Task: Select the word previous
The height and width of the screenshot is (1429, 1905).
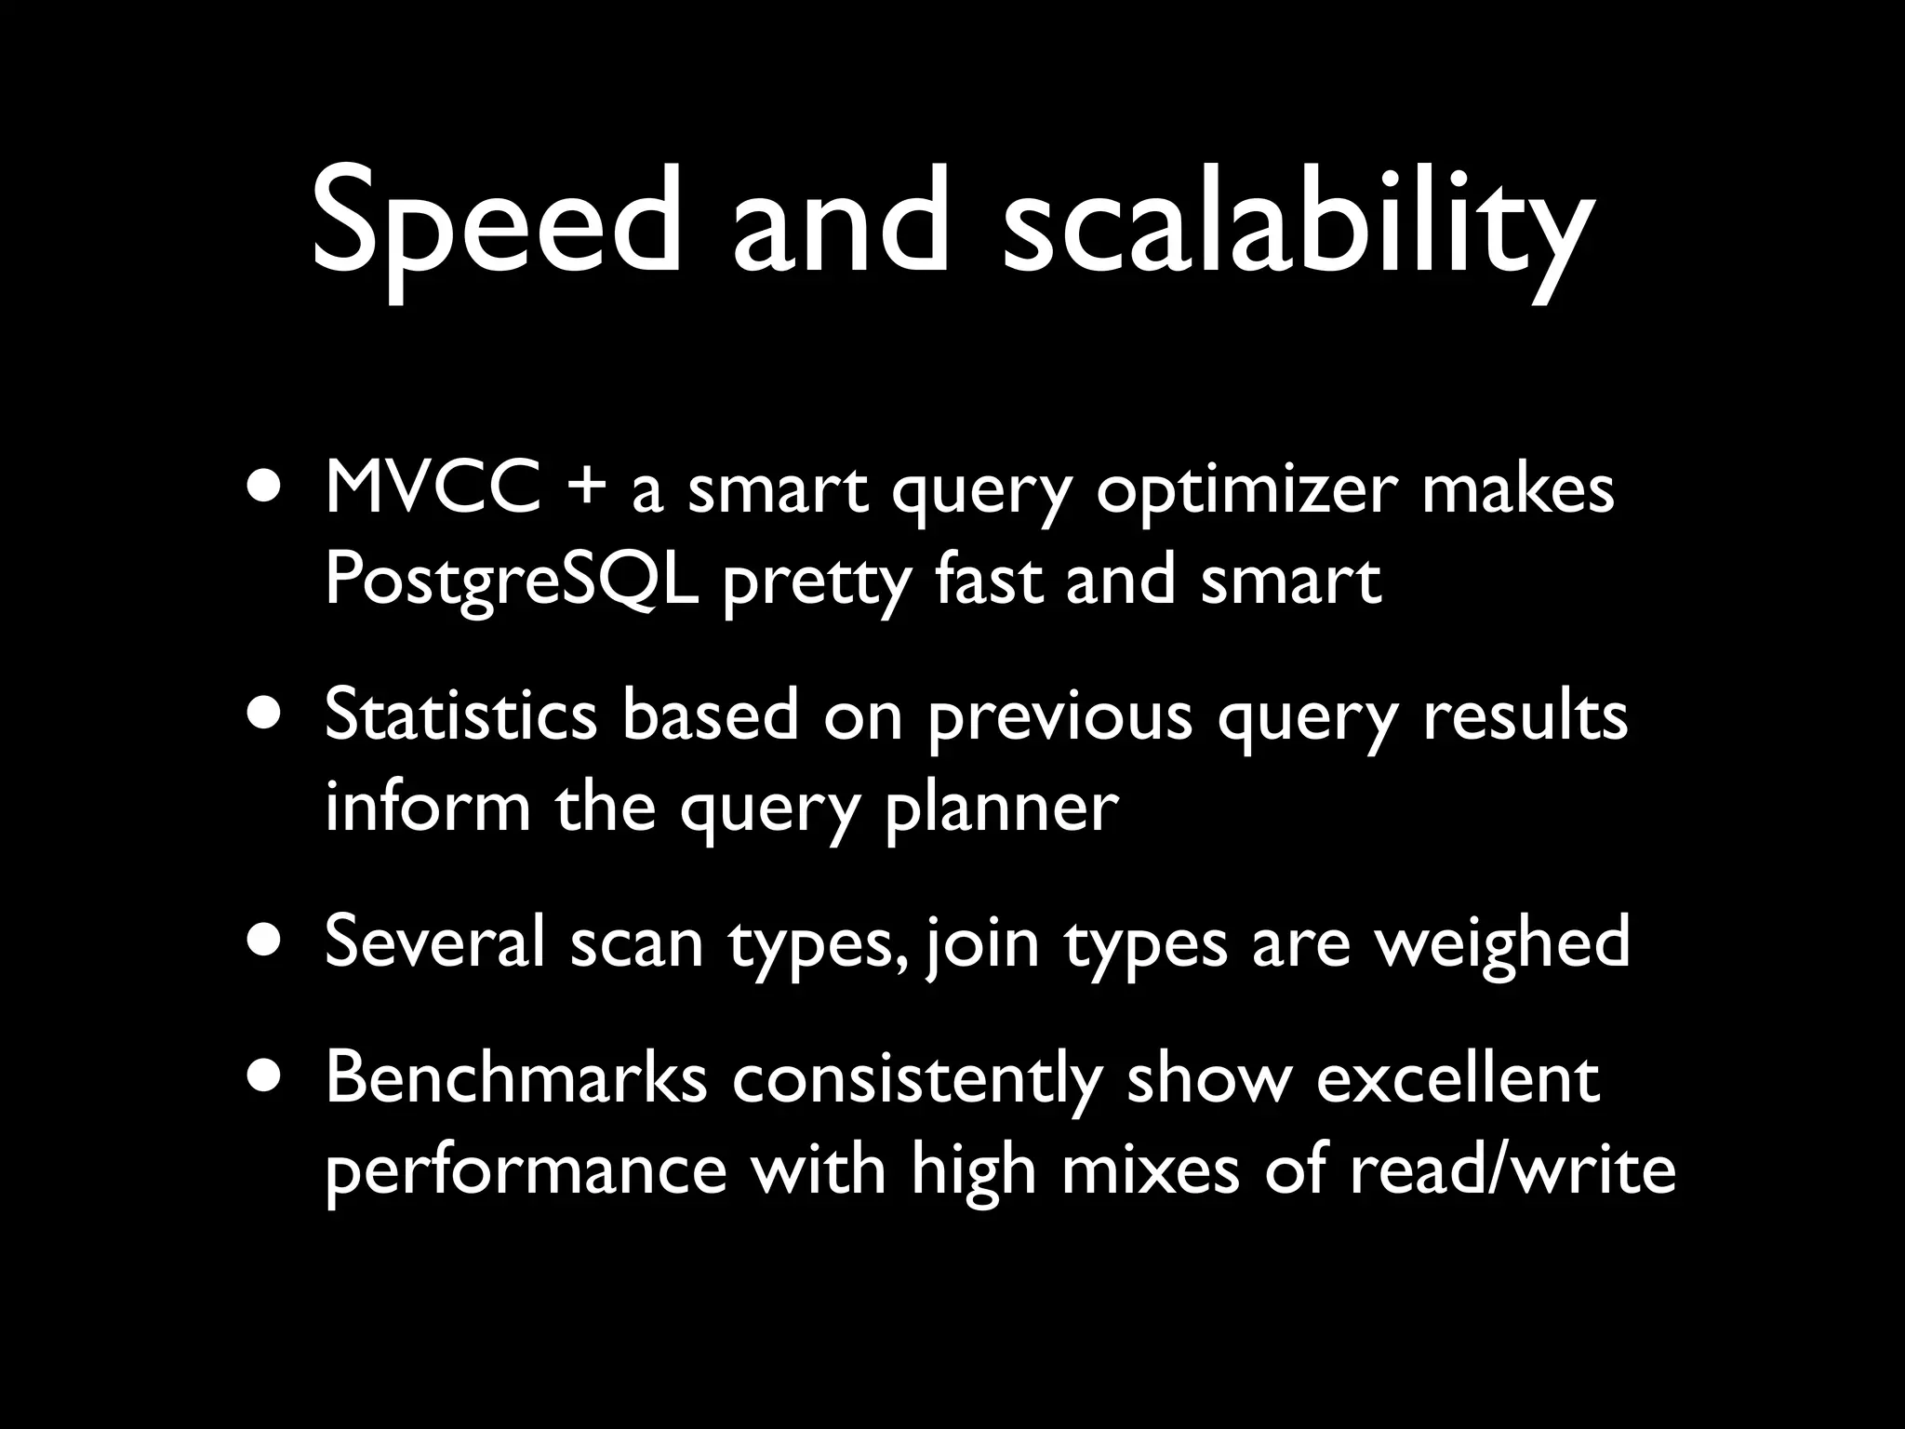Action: click(x=1060, y=718)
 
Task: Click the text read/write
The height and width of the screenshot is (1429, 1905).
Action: click(x=1512, y=1169)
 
